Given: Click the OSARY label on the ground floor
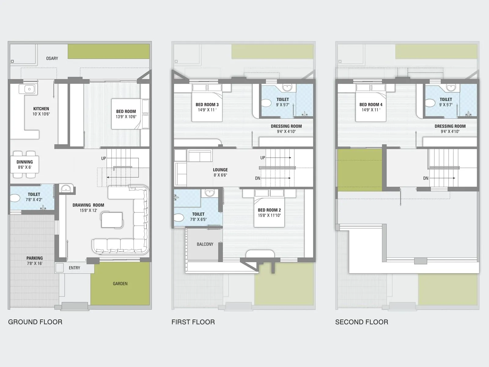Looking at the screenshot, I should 52,58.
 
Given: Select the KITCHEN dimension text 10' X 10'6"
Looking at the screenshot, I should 41,114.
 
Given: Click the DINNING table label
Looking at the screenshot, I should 24,162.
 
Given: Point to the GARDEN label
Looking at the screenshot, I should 120,284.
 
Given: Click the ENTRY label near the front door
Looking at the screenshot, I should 74,268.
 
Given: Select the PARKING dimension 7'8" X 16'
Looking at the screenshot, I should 34,263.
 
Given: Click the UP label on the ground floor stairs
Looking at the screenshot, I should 104,158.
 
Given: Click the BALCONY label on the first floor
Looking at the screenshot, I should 205,244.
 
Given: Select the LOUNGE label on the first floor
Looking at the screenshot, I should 220,170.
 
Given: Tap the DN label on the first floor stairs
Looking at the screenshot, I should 258,178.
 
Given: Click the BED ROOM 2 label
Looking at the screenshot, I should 269,210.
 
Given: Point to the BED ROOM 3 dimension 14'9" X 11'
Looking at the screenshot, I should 207,110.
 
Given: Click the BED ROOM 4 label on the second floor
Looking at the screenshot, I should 371,105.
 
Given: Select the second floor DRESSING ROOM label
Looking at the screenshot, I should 450,126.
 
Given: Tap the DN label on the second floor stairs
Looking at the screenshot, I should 426,178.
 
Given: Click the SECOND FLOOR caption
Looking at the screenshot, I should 362,322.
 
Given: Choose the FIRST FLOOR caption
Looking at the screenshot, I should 193,322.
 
